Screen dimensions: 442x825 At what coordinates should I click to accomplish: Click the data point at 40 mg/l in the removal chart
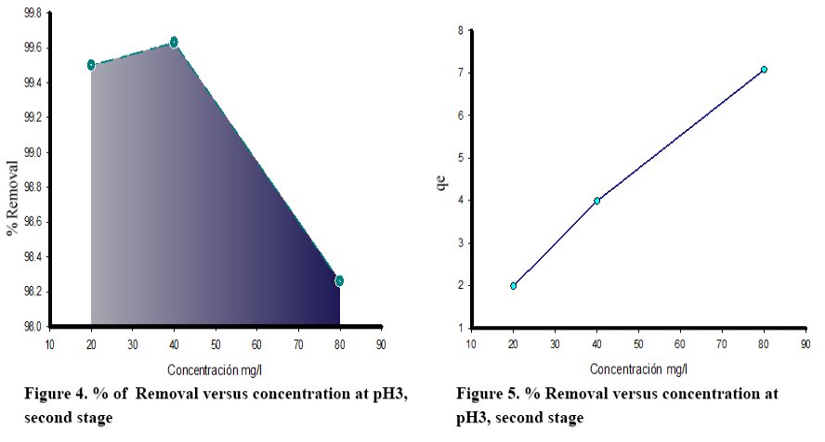[174, 43]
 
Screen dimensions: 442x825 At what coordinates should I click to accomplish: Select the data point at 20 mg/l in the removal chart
[91, 65]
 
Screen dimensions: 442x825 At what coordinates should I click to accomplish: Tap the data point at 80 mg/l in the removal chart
[339, 280]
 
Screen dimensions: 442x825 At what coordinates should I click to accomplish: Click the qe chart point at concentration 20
[513, 286]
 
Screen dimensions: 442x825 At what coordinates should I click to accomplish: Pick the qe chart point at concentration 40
[596, 201]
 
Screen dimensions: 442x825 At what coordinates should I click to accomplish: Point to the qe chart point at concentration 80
[764, 70]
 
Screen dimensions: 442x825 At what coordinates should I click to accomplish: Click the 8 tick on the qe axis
[460, 31]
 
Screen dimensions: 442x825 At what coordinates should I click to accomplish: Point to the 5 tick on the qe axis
[460, 158]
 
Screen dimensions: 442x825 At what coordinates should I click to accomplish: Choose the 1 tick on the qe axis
[460, 328]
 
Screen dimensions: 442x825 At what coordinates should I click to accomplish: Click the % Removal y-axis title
[12, 198]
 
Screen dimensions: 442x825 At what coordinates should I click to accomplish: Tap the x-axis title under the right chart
[638, 369]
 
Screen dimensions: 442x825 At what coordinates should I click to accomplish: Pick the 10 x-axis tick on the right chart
[471, 344]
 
